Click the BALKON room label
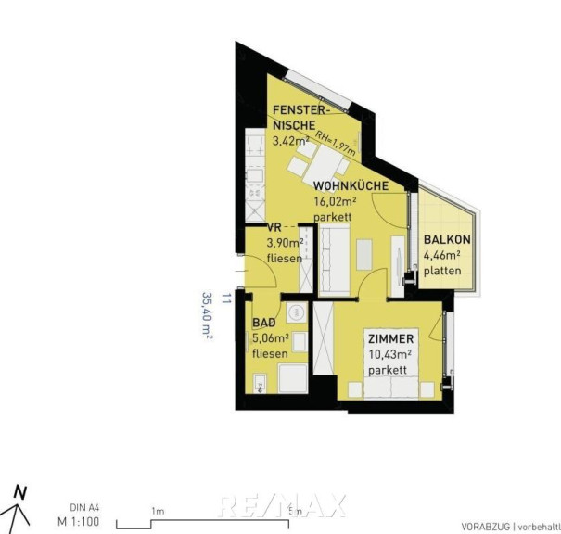447,239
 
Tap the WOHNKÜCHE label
351,186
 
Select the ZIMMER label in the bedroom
390,338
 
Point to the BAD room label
264,323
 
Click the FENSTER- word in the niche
300,110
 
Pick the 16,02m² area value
335,201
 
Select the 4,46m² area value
442,255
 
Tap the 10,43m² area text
389,354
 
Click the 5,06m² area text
271,338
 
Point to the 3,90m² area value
286,243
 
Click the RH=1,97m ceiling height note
335,143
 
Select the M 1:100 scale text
78,522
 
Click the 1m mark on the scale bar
158,512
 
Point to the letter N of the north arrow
20,492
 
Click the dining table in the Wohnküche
323,165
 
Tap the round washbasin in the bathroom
296,312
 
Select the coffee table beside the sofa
364,255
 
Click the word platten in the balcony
442,271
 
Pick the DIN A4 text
84,508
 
